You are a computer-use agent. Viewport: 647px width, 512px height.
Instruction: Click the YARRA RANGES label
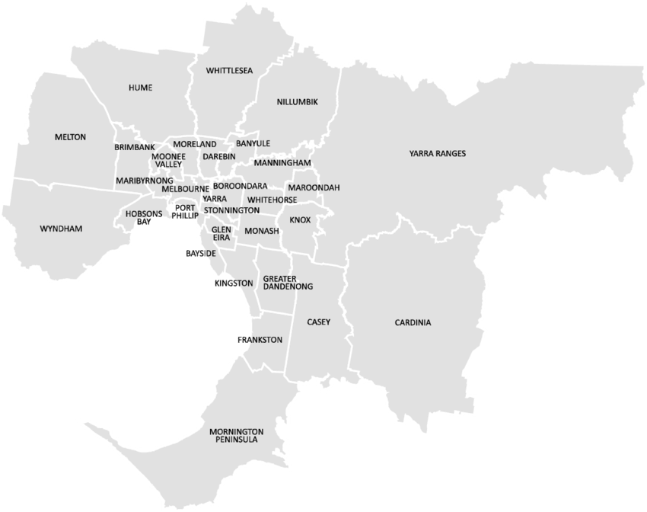point(437,154)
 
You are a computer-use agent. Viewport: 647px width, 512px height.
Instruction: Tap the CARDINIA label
point(413,323)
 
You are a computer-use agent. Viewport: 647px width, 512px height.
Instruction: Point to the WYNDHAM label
point(61,229)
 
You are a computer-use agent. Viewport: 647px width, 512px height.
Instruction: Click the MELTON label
point(70,137)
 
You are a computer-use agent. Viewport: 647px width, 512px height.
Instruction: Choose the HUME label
point(140,88)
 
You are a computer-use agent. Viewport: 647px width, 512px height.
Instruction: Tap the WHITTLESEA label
point(229,70)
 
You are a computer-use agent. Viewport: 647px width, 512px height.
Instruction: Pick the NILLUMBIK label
point(297,101)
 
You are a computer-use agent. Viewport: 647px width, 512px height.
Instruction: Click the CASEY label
point(318,322)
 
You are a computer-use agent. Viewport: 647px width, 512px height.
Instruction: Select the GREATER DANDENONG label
point(288,283)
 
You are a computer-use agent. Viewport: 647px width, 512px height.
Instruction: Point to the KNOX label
point(300,220)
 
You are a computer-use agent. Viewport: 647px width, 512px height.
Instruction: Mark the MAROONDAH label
point(314,187)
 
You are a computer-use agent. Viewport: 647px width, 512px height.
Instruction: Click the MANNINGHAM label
point(282,163)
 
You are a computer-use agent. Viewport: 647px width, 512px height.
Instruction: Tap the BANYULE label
point(253,143)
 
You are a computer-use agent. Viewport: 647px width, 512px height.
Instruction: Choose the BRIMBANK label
point(135,147)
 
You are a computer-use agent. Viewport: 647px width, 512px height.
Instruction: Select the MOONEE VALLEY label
point(167,159)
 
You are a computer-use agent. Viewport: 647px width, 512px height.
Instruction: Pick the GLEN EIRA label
point(222,233)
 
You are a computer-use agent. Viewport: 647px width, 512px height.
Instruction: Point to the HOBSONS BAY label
point(144,217)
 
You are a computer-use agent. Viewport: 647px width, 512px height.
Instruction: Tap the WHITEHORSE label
point(261,200)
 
